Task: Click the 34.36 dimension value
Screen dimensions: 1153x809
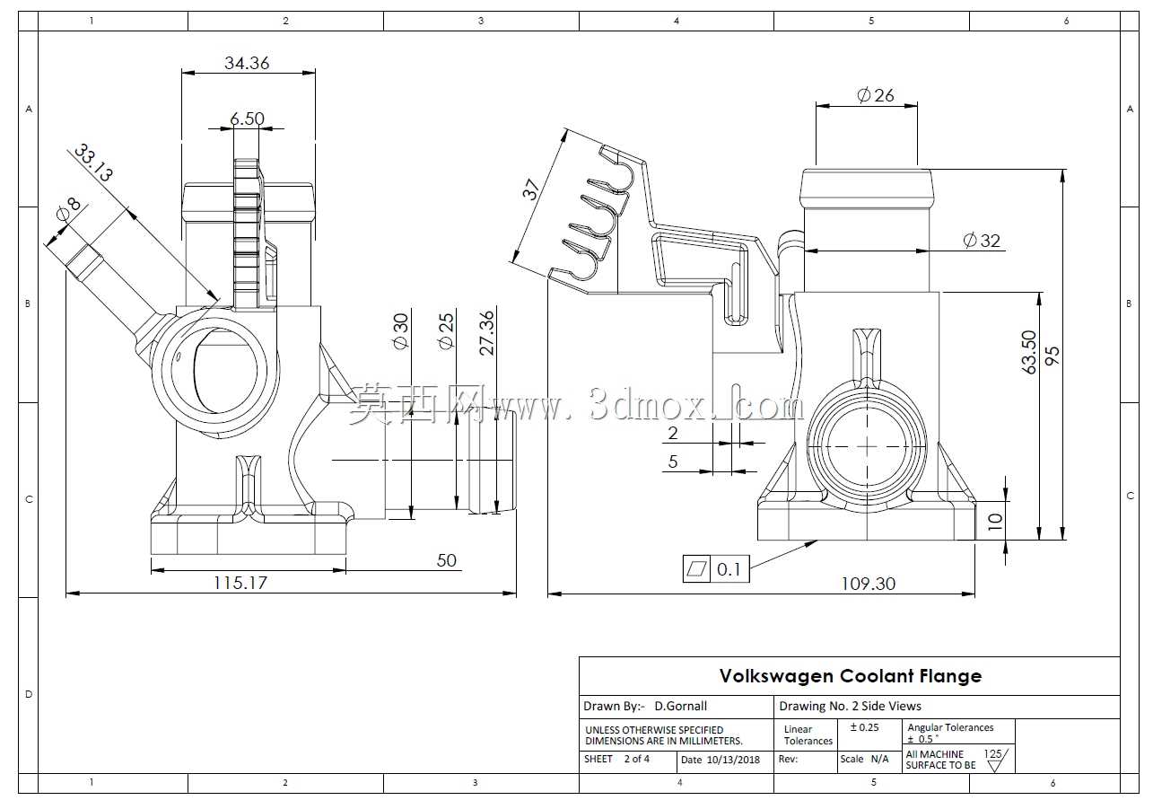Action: coord(247,63)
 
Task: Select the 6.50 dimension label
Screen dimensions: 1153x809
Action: coord(247,119)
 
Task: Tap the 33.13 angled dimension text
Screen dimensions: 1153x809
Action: coord(93,163)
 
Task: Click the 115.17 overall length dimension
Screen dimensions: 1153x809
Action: coord(240,583)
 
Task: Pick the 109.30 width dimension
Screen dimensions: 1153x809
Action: coord(868,584)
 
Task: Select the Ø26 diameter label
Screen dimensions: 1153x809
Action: coord(876,95)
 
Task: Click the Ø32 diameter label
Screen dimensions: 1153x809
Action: coord(982,241)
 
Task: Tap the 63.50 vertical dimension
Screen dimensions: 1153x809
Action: coord(1028,352)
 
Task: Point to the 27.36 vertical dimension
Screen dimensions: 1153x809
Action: coord(486,332)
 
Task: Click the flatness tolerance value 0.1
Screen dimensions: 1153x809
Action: coord(729,569)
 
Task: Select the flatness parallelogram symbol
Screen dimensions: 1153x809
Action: coord(696,569)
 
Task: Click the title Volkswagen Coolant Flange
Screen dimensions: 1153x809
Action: coord(851,675)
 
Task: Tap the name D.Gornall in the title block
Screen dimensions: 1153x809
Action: coord(680,706)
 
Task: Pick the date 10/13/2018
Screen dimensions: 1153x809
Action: coord(733,760)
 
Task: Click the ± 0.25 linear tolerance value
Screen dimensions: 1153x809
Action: coord(864,727)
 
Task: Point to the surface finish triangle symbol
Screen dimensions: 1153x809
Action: coord(995,766)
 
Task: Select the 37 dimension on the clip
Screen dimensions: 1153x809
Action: coord(530,189)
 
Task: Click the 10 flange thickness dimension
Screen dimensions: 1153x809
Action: coord(995,521)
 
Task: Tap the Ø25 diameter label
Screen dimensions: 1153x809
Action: coord(447,331)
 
